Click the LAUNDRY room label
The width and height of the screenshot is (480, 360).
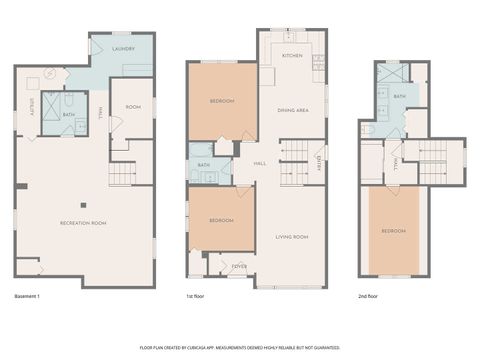pyautogui.click(x=124, y=48)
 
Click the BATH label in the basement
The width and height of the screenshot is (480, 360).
pyautogui.click(x=69, y=114)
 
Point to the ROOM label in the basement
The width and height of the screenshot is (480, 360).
pyautogui.click(x=132, y=107)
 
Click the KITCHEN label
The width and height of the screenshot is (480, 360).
pyautogui.click(x=292, y=55)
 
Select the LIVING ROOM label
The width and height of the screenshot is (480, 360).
pyautogui.click(x=291, y=236)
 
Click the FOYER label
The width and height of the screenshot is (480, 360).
pyautogui.click(x=240, y=267)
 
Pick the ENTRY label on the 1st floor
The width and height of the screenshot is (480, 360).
pyautogui.click(x=319, y=162)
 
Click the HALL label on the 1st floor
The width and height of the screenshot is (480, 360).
pyautogui.click(x=259, y=162)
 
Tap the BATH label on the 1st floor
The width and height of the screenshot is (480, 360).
pyautogui.click(x=204, y=165)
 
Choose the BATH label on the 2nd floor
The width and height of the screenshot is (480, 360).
pyautogui.click(x=399, y=97)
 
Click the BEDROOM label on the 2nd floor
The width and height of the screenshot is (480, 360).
pyautogui.click(x=394, y=231)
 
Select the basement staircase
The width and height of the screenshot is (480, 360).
pyautogui.click(x=122, y=173)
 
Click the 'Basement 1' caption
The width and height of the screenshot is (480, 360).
pyautogui.click(x=31, y=297)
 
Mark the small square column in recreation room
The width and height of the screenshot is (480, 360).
pyautogui.click(x=84, y=205)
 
